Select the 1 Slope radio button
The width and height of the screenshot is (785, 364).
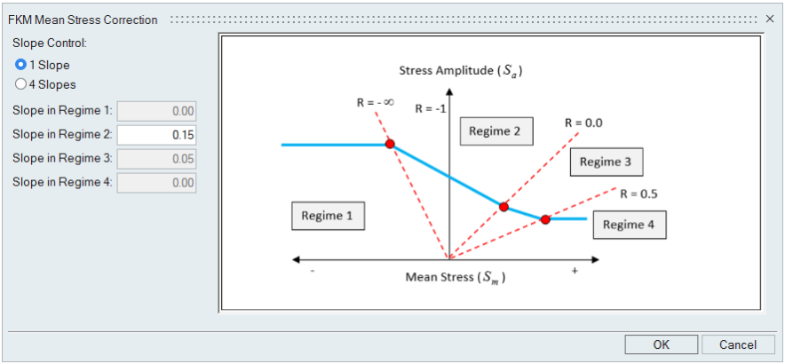[x=21, y=65]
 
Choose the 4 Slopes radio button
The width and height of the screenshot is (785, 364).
[x=21, y=84]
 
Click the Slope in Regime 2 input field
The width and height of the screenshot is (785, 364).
[x=156, y=135]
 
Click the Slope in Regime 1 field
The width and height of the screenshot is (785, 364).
[x=156, y=111]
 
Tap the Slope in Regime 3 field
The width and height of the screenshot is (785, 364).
[x=156, y=158]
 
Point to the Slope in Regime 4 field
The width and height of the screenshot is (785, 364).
[x=156, y=182]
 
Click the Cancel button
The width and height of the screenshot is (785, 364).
[x=738, y=344]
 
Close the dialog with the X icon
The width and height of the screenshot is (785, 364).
[x=770, y=19]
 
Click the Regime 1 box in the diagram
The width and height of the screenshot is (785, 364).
[x=328, y=216]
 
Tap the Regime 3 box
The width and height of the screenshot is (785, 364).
[x=606, y=162]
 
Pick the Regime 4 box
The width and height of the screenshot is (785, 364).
[x=629, y=225]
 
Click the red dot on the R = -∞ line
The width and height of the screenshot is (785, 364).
[x=389, y=144]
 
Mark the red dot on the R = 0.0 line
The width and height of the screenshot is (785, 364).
[x=504, y=207]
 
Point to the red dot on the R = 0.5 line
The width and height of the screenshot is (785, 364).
[x=545, y=219]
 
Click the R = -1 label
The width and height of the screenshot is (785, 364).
[x=430, y=109]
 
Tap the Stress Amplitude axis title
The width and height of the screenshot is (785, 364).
[x=461, y=70]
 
